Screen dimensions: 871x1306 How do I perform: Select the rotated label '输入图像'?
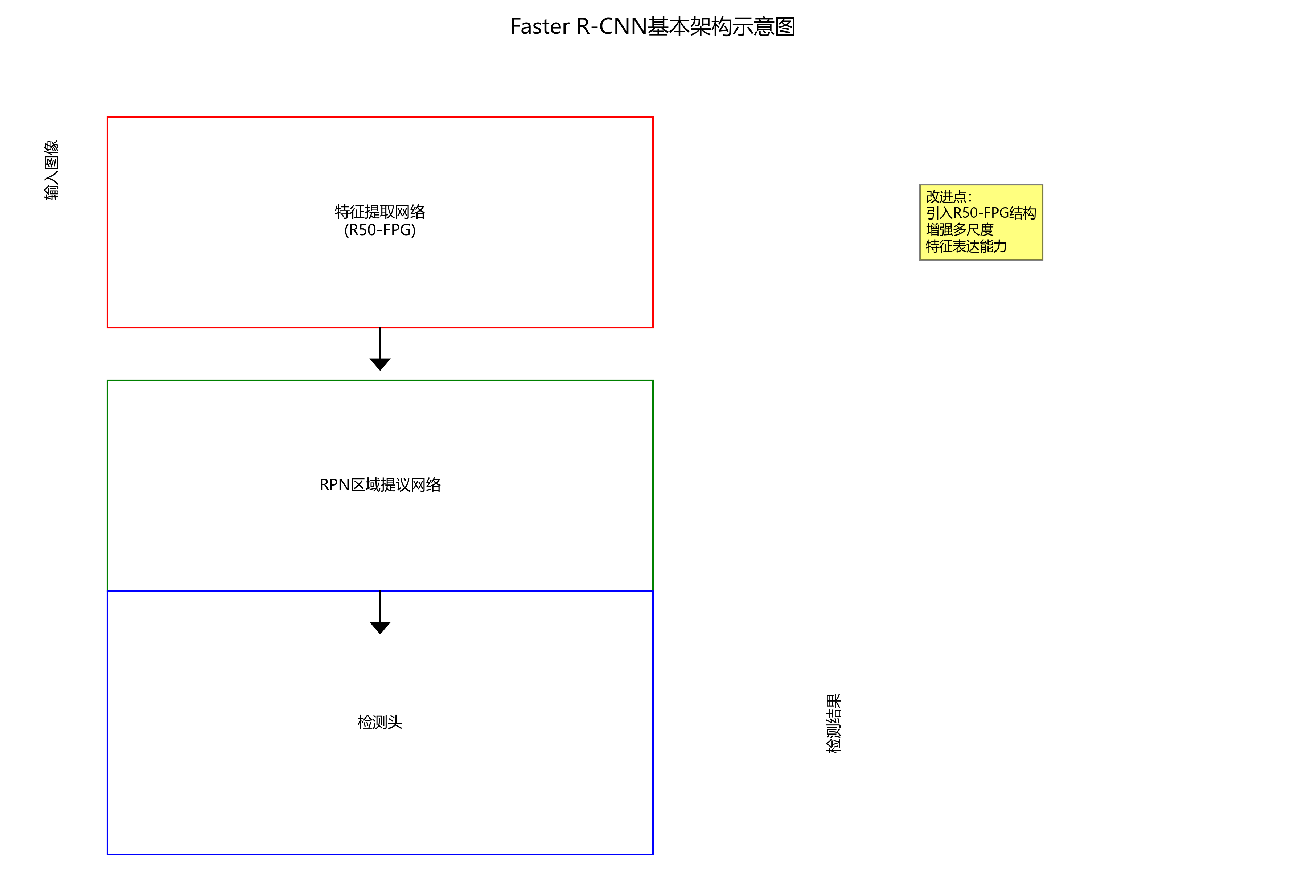tap(52, 170)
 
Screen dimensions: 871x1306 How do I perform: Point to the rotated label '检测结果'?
tap(833, 723)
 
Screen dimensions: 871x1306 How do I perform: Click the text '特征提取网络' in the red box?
tap(380, 212)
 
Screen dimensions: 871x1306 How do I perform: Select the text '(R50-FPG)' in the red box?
tap(380, 230)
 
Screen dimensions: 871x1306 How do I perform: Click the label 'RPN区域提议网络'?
tap(380, 485)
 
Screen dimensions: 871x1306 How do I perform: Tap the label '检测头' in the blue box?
tap(380, 722)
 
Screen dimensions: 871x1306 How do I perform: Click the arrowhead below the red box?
tap(380, 364)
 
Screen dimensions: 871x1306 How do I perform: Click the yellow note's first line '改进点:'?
tap(948, 197)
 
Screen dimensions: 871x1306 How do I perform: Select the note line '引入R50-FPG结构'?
tap(981, 213)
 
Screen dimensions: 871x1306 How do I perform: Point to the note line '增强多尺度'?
tap(960, 229)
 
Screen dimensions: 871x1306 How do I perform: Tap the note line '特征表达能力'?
tap(966, 246)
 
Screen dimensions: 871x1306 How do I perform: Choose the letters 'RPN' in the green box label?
tap(334, 485)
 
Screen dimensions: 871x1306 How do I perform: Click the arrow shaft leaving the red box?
tap(380, 343)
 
